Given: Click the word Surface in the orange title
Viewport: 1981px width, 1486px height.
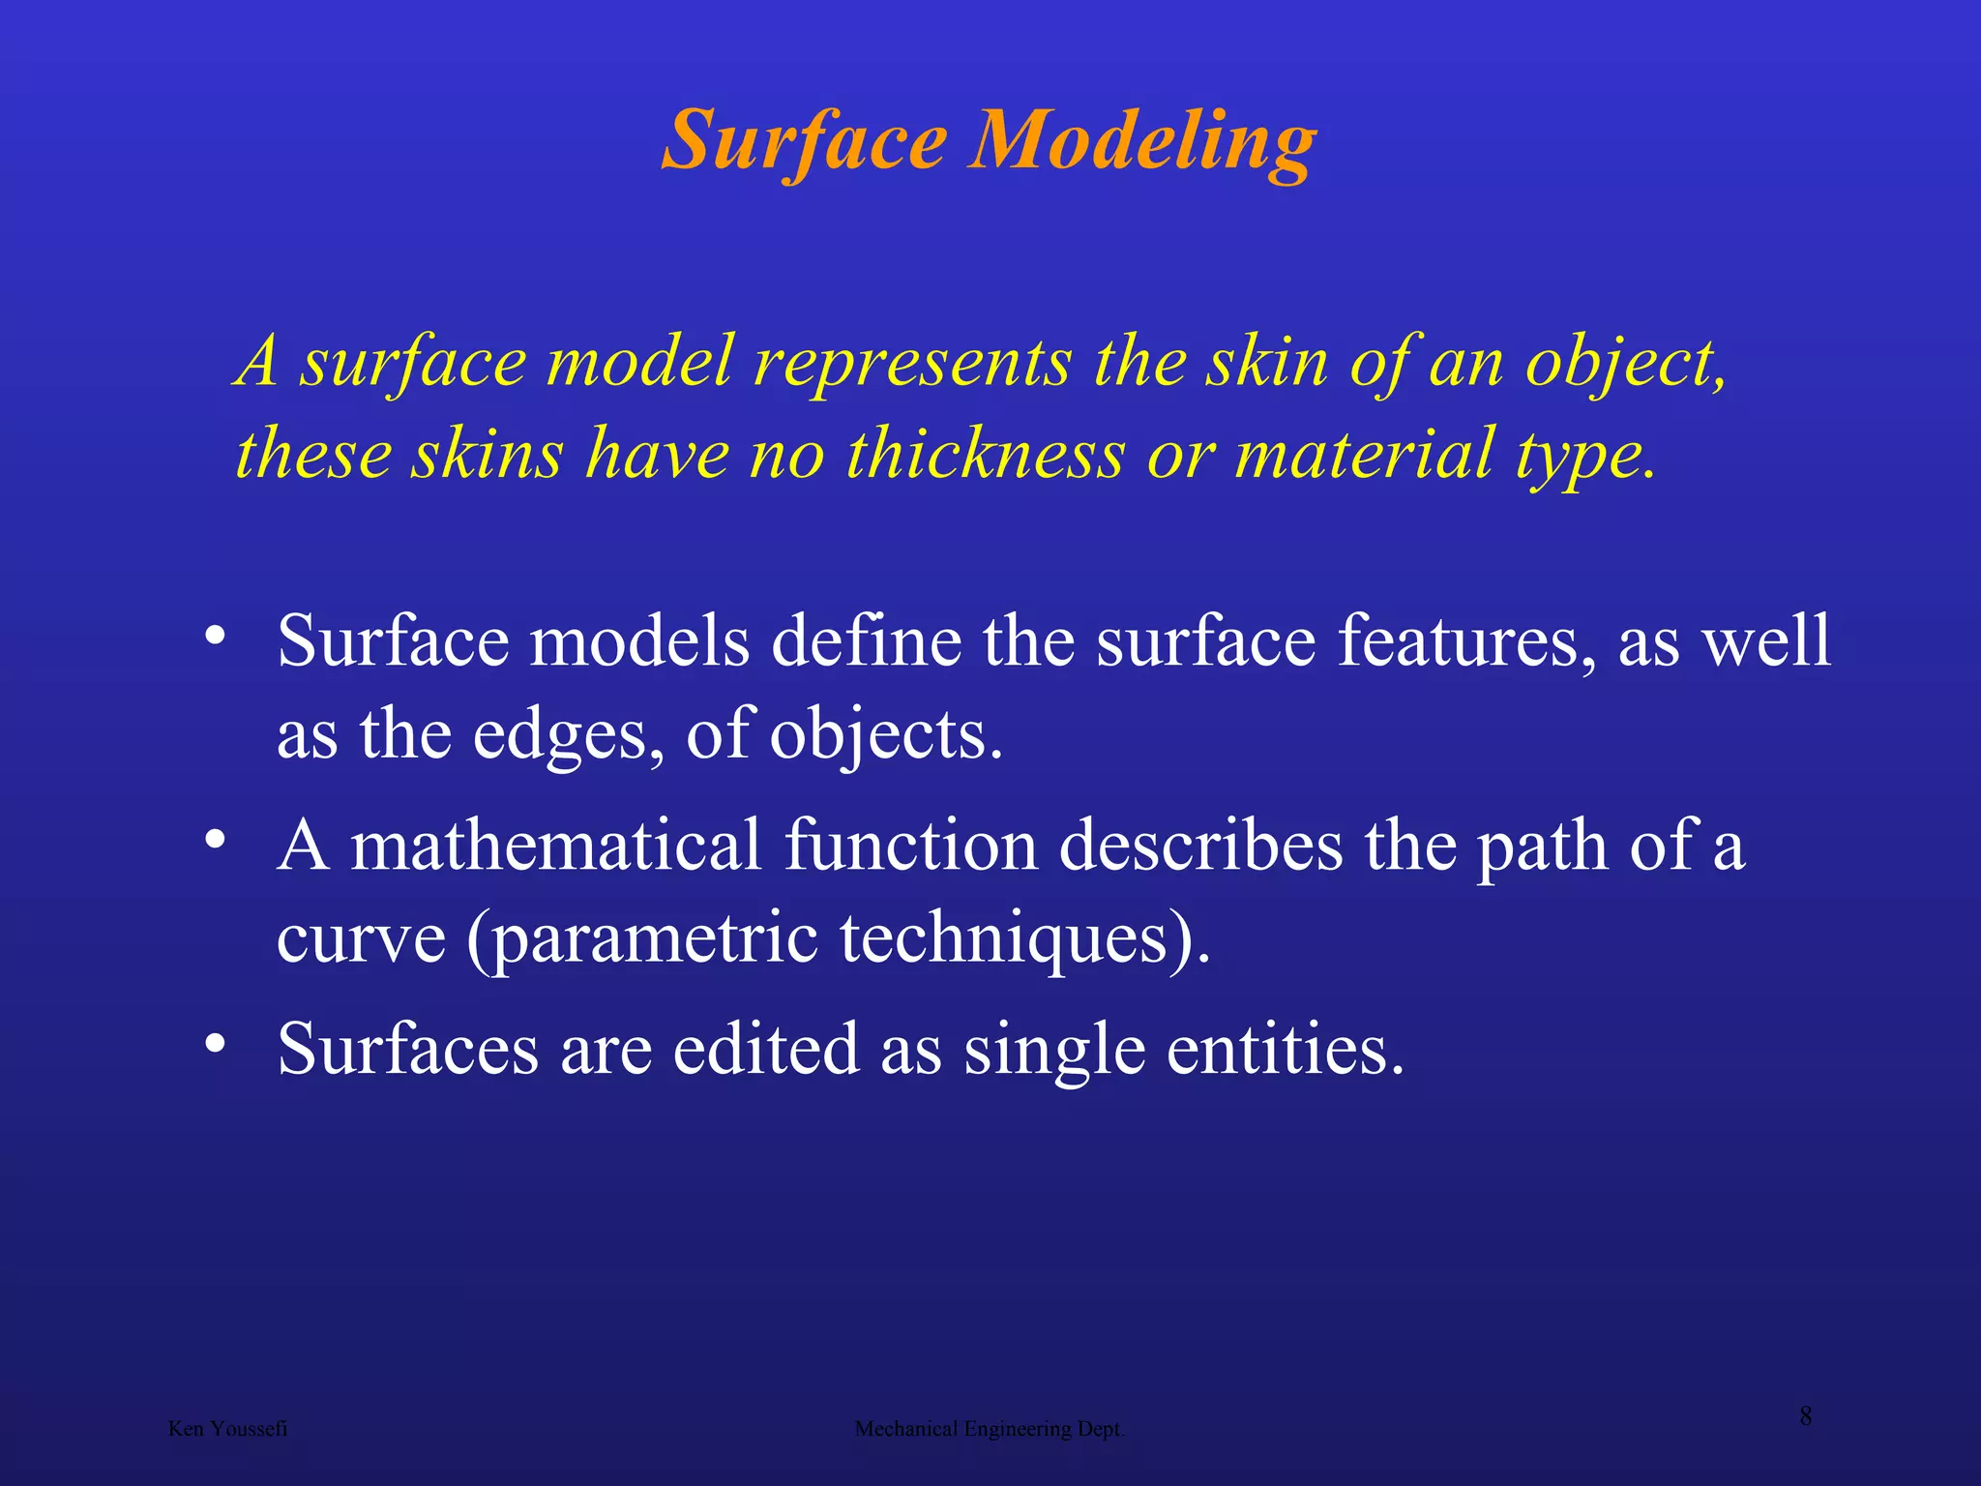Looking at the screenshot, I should pos(805,142).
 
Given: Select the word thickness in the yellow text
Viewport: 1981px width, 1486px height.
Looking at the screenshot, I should pos(986,455).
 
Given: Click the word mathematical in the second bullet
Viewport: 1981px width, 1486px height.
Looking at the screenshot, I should pos(555,846).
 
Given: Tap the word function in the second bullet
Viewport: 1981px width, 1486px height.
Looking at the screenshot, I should pos(910,846).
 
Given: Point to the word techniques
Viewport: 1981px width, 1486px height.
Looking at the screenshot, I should pos(1004,938).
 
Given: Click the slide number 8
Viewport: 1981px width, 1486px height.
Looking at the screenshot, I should pos(1805,1416).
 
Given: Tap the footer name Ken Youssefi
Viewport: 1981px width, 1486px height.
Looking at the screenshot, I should pos(227,1429).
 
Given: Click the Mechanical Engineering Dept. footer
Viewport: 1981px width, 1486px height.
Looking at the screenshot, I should pos(990,1429).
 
